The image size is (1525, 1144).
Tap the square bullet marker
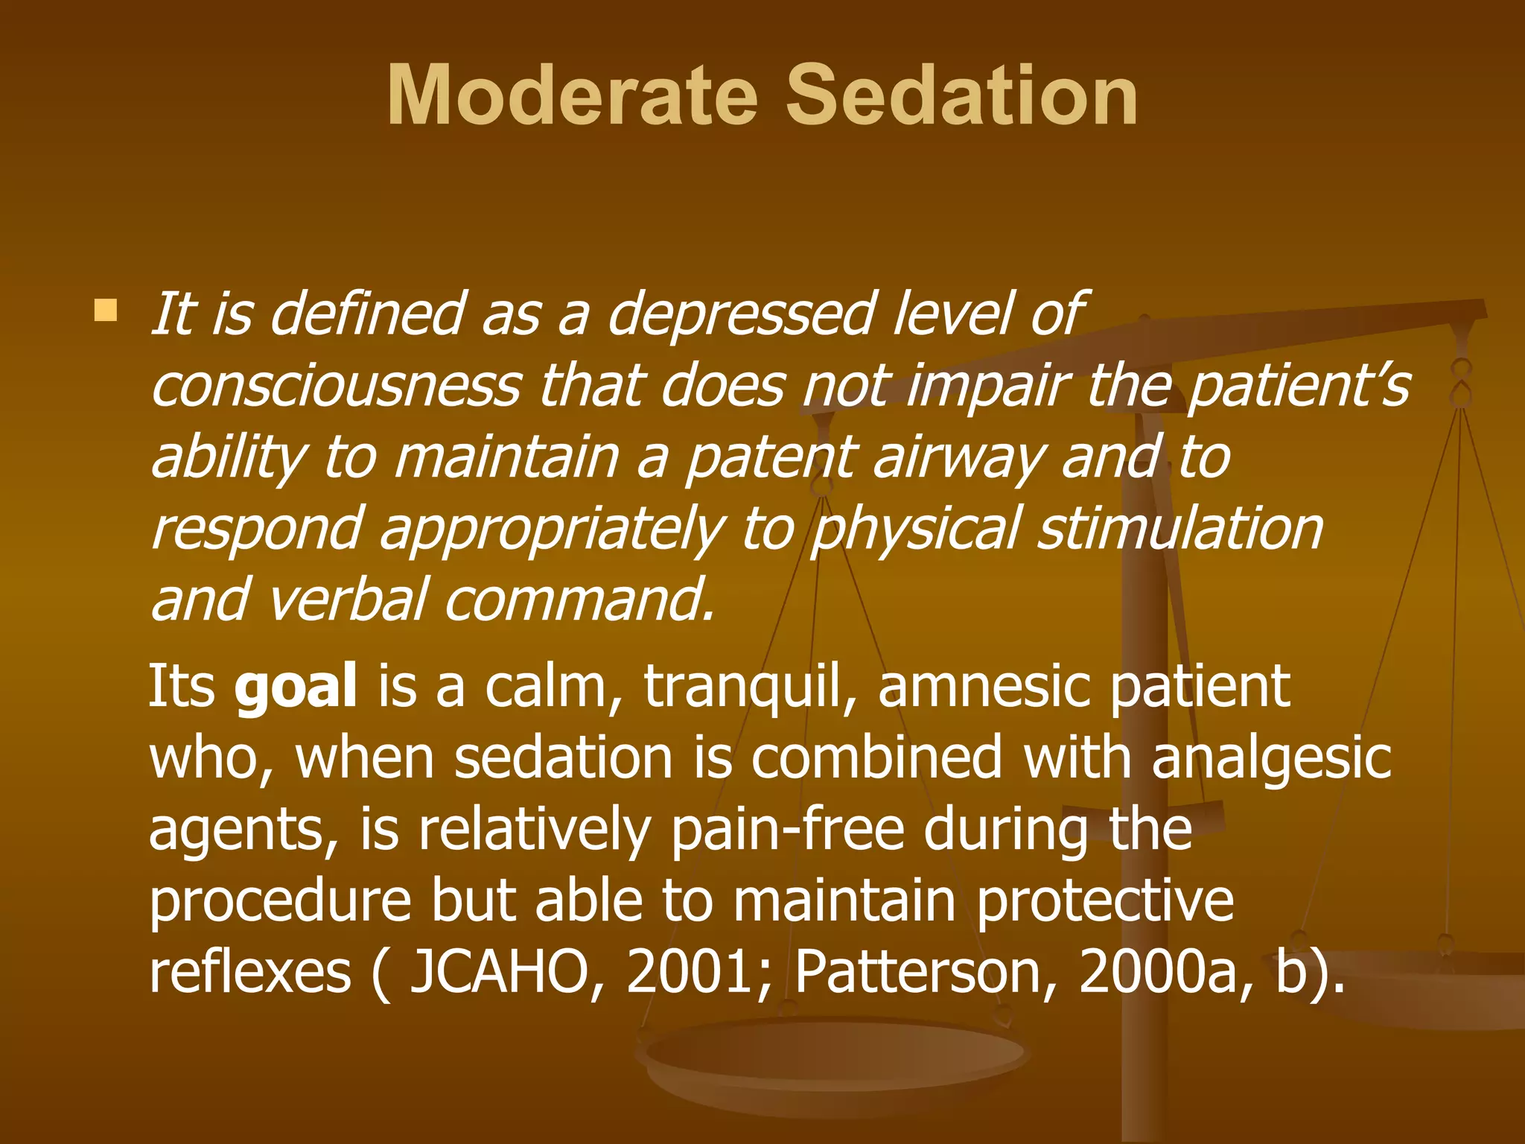(x=106, y=311)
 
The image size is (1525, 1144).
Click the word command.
(x=579, y=600)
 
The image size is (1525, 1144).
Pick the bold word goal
(x=296, y=687)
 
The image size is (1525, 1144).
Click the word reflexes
(x=250, y=973)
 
